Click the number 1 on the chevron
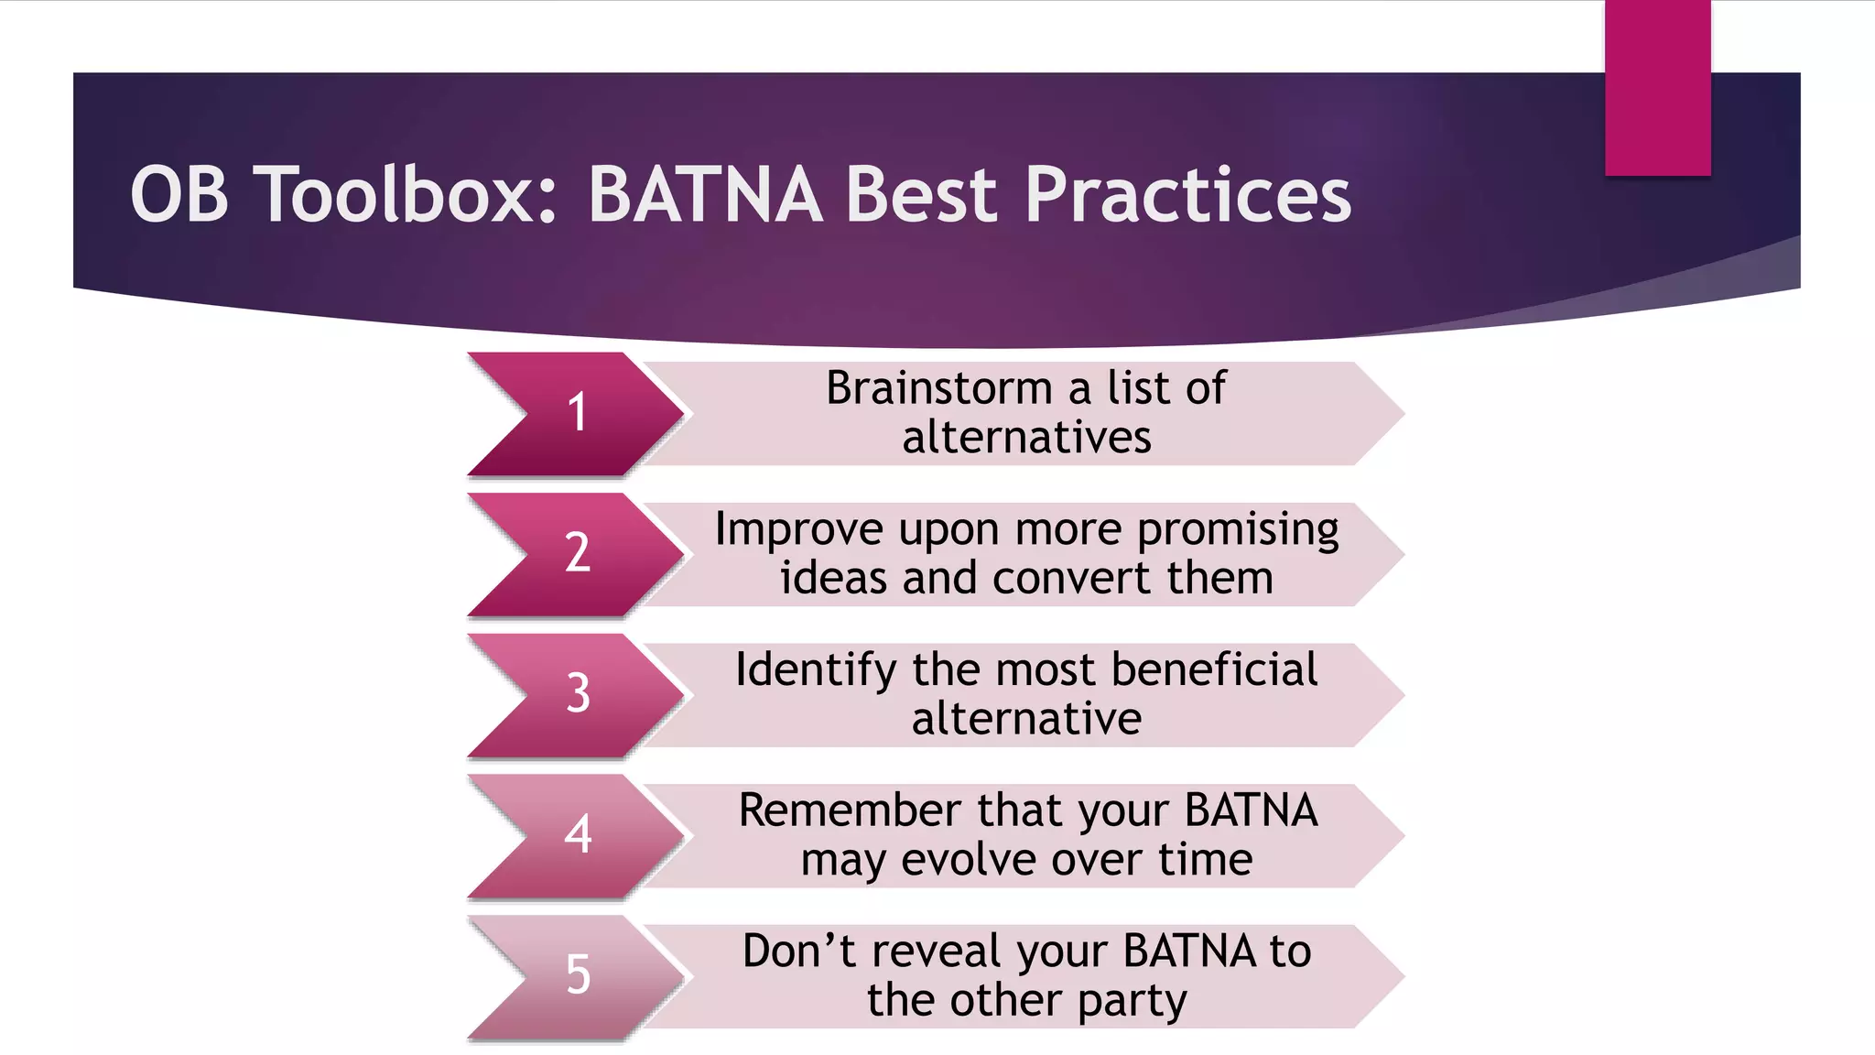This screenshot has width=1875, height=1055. click(577, 412)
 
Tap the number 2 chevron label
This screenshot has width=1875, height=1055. click(577, 553)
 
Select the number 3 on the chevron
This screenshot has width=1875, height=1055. click(578, 693)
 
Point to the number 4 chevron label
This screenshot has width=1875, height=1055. click(578, 834)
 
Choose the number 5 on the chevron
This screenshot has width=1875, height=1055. click(578, 974)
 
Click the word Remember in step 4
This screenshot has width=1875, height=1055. click(851, 810)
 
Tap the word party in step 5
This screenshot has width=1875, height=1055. click(1132, 1002)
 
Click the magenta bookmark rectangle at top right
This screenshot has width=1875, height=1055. click(1657, 87)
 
